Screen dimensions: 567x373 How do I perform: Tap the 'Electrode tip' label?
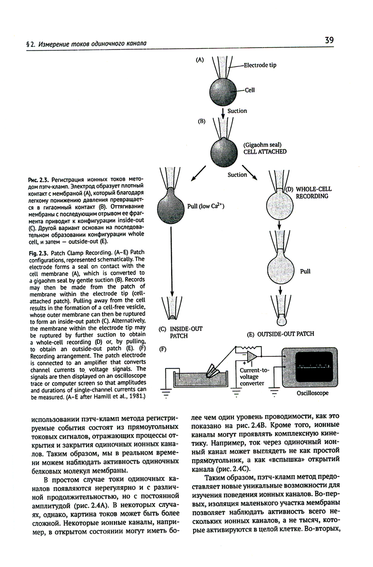pos(260,65)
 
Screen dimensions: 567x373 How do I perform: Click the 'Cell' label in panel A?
pos(250,90)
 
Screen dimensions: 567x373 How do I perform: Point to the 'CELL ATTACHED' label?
pos(265,152)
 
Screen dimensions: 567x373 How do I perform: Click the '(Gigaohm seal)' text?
pos(262,145)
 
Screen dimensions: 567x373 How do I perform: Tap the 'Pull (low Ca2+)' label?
pos(206,206)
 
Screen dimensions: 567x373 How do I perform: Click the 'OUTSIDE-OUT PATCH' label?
pos(286,334)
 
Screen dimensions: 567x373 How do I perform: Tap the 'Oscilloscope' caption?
pos(313,393)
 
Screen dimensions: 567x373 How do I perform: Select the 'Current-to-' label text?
pos(254,370)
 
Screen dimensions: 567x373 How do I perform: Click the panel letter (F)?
pos(162,349)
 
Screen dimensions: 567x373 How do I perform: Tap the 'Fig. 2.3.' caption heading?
pos(38,252)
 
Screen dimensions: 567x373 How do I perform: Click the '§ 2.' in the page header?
pos(30,44)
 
